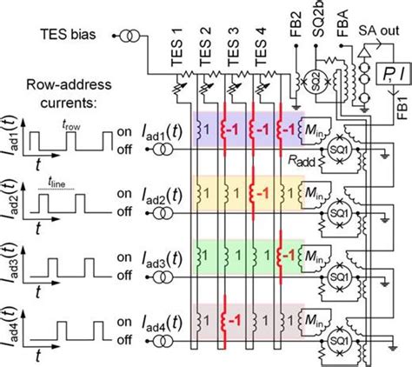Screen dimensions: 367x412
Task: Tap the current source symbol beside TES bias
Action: point(133,37)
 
